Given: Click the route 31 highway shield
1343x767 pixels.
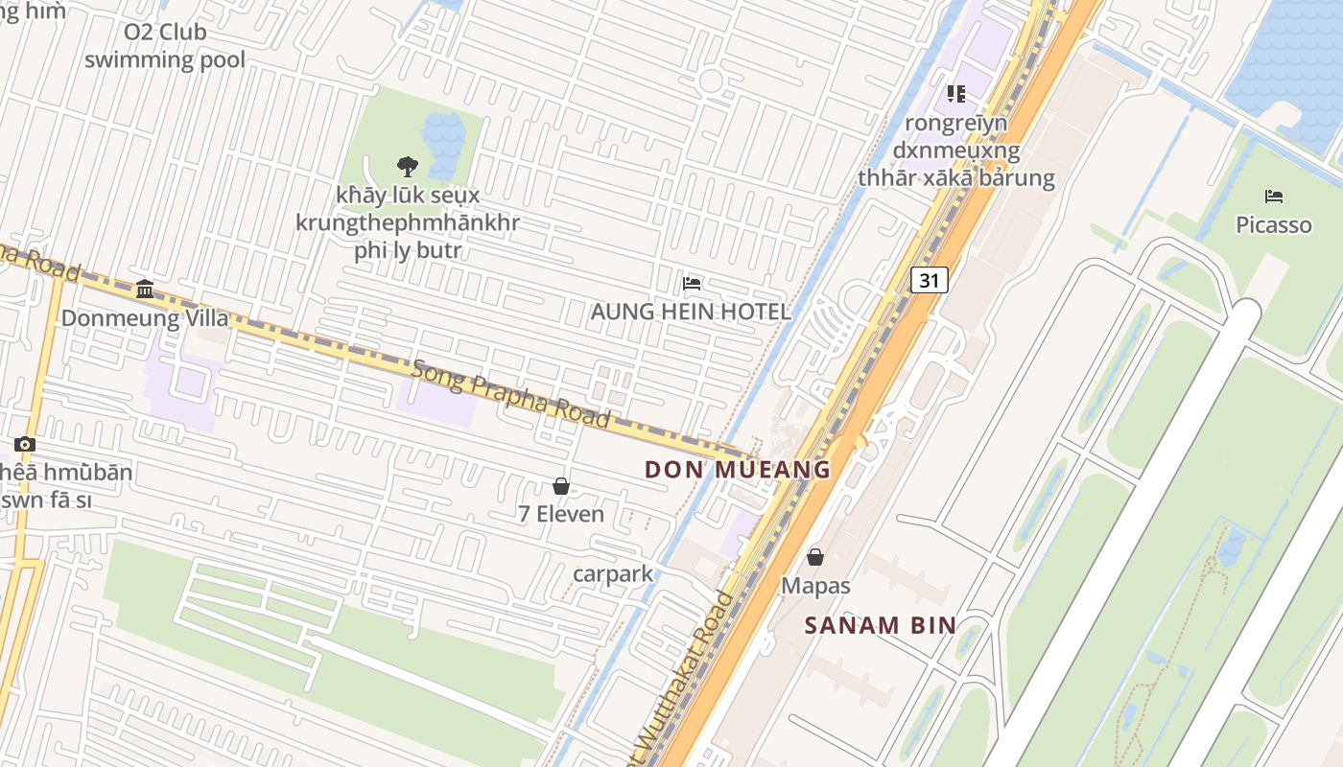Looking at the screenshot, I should (x=929, y=280).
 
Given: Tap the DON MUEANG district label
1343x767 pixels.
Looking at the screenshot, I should (x=737, y=470).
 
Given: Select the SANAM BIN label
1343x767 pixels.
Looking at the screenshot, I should (x=880, y=626).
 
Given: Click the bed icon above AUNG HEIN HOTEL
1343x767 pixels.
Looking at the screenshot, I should (x=692, y=284).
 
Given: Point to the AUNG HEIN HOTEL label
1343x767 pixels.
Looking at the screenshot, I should (x=691, y=312).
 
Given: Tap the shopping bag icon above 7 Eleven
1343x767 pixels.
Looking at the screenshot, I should (x=561, y=487).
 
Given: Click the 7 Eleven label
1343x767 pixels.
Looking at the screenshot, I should (x=561, y=514).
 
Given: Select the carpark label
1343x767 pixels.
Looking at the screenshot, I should (x=613, y=574).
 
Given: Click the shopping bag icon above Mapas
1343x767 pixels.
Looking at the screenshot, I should (x=815, y=557).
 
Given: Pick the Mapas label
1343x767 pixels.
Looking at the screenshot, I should (x=815, y=585).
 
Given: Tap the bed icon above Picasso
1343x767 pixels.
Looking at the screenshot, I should (x=1274, y=197).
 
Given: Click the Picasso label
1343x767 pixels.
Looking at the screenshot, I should (x=1274, y=224).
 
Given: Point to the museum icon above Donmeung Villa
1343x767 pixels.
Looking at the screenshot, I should (x=145, y=289).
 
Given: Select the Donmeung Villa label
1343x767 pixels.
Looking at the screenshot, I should (x=145, y=317).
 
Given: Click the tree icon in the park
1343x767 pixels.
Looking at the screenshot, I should (x=408, y=167).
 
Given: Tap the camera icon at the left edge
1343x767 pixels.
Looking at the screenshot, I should (x=25, y=444).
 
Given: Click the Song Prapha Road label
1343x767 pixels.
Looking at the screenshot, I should (x=511, y=394).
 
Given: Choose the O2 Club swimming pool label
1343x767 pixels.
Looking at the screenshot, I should (x=165, y=46).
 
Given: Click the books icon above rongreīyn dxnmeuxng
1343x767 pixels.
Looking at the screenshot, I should (x=955, y=94).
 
